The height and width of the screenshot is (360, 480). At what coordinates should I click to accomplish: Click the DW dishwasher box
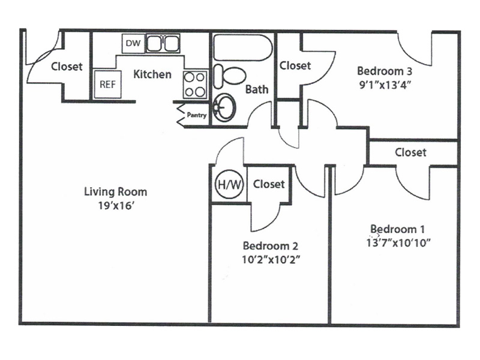tap(133, 43)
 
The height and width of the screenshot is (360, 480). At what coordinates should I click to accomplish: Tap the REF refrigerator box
tap(107, 84)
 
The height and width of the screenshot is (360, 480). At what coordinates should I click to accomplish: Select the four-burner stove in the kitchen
tap(195, 85)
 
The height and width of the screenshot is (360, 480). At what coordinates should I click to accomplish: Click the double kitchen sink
tap(163, 43)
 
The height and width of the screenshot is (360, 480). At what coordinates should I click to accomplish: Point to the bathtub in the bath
tap(242, 47)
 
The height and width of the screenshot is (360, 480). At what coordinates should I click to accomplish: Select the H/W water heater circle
tap(230, 185)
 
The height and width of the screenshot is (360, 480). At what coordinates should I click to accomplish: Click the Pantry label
tap(197, 115)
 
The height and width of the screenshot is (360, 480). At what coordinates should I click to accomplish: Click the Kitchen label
tap(152, 74)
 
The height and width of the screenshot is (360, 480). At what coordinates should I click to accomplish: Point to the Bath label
tap(257, 89)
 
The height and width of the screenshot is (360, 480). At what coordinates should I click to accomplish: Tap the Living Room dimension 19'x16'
tap(116, 206)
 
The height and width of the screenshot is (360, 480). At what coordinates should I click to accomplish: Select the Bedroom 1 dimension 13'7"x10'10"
tap(398, 243)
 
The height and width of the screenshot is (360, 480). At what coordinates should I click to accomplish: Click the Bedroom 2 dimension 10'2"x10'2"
tap(271, 260)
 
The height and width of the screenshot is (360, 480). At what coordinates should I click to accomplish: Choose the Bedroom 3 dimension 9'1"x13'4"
tap(385, 85)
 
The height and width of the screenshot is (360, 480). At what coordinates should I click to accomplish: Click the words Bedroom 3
tap(385, 71)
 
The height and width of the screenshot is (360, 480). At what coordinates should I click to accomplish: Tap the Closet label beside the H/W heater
tap(269, 184)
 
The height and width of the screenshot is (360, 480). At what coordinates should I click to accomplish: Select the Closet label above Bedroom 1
tap(410, 152)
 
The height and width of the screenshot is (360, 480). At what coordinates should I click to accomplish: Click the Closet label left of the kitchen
tap(67, 67)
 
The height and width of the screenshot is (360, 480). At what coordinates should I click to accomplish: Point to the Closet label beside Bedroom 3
tap(295, 65)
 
